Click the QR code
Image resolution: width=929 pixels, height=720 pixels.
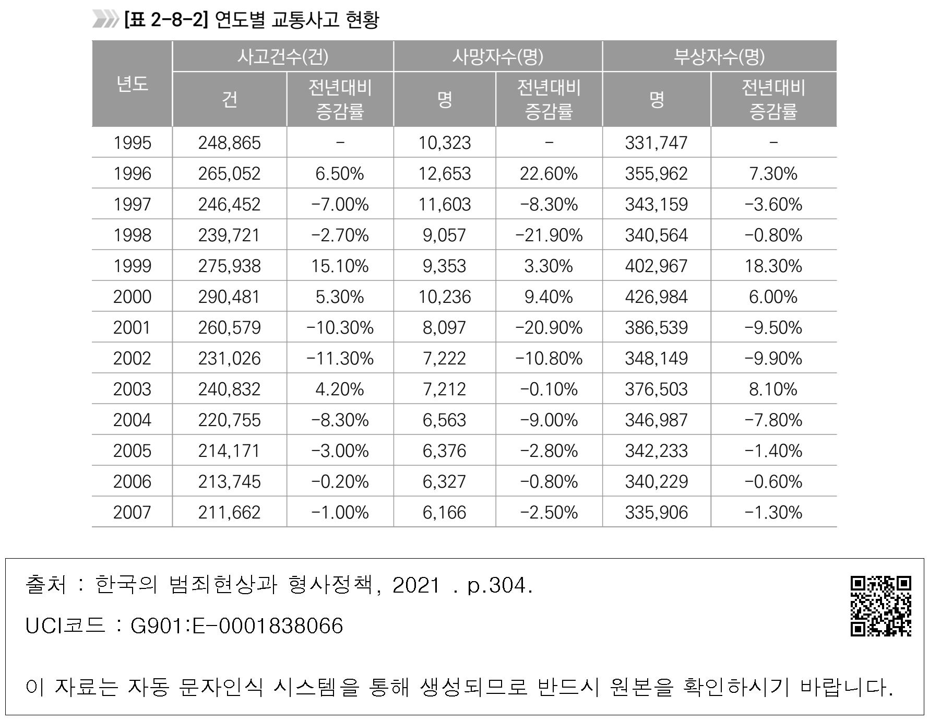(x=881, y=606)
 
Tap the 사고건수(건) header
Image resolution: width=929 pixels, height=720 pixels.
(x=282, y=56)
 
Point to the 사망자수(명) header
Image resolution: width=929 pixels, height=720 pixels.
(x=497, y=56)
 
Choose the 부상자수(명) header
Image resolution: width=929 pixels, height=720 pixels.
(x=719, y=56)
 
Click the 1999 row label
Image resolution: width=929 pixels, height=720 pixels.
(x=132, y=266)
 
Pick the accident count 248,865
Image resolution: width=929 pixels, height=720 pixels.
(x=229, y=143)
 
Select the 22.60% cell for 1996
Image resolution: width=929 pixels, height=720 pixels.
(x=549, y=173)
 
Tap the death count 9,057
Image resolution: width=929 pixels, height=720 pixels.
(x=444, y=235)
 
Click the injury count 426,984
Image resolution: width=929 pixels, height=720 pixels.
(x=656, y=297)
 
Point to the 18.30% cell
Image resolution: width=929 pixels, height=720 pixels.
(x=773, y=266)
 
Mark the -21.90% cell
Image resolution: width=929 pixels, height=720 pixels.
(x=549, y=235)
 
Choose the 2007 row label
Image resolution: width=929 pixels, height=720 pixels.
(x=132, y=512)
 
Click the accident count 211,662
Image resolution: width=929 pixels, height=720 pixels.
(x=229, y=512)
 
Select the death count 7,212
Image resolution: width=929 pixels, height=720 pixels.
(x=444, y=389)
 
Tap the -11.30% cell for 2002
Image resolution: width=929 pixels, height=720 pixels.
(x=340, y=358)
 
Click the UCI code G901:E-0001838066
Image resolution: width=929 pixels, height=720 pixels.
(x=236, y=625)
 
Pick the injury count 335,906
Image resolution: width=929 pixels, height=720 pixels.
(x=656, y=512)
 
